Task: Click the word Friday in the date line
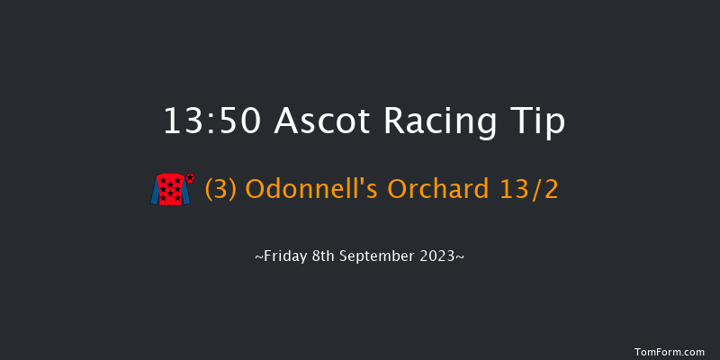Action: (284, 256)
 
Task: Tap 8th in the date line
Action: (327, 256)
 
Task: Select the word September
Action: (382, 256)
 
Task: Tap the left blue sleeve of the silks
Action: (156, 191)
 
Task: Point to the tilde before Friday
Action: (258, 257)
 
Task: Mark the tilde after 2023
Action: (463, 257)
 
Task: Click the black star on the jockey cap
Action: (190, 176)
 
